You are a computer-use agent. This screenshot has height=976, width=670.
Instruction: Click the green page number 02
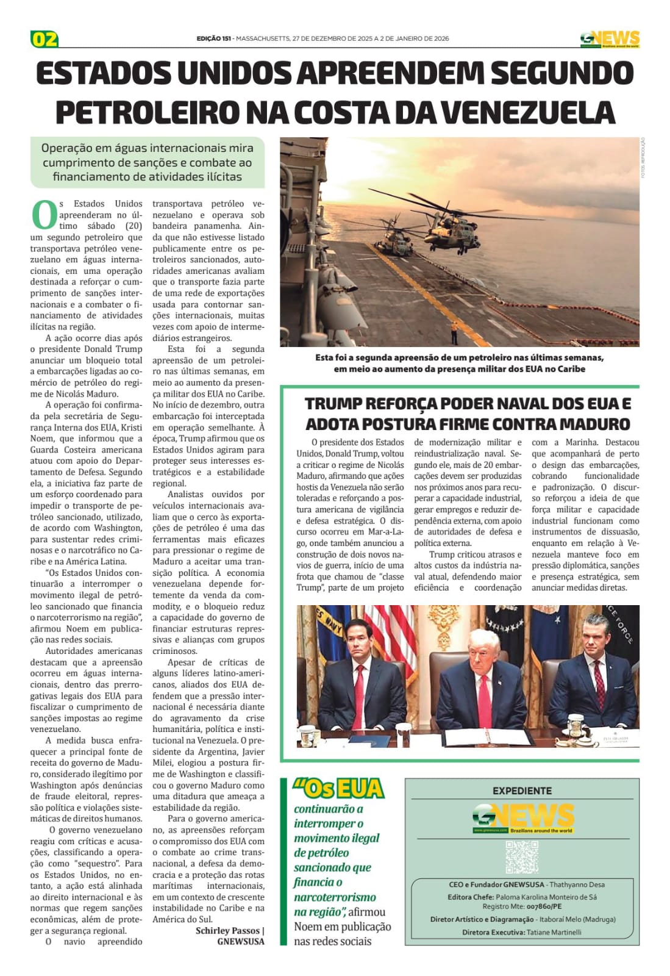[45, 39]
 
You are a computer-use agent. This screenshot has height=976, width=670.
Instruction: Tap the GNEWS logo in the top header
[609, 39]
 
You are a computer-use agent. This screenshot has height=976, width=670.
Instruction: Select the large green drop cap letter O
[43, 214]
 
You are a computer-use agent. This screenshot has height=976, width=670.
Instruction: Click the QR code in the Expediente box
[522, 856]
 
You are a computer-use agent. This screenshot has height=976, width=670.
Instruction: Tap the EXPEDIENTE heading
[522, 791]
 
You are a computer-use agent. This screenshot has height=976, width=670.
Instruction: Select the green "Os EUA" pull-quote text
[338, 789]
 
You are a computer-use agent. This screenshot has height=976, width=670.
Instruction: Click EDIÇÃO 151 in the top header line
[213, 39]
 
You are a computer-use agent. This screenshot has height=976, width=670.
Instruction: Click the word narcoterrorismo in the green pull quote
[335, 897]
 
